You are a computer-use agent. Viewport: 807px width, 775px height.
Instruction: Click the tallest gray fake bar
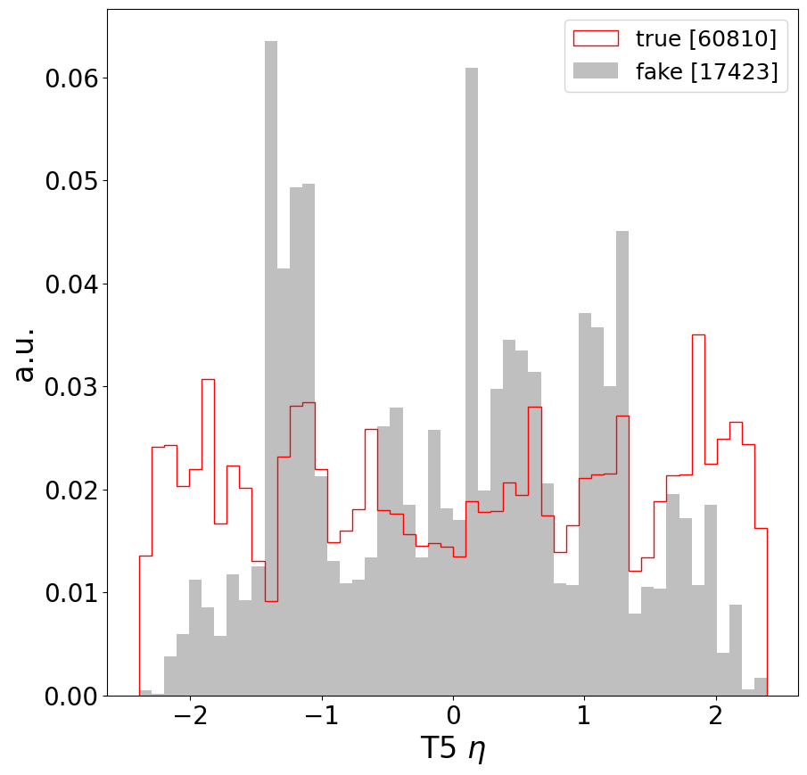[x=271, y=357]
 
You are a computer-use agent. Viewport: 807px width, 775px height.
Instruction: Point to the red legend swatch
[x=596, y=38]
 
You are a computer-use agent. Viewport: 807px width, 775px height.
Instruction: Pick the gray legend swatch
[x=596, y=72]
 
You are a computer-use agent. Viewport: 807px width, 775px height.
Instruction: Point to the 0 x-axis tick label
[x=453, y=719]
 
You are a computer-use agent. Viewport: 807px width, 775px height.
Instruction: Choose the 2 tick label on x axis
[x=714, y=719]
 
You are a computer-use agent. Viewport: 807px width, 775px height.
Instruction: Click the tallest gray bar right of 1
[x=622, y=446]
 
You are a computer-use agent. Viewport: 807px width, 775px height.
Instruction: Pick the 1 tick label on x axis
[x=583, y=719]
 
